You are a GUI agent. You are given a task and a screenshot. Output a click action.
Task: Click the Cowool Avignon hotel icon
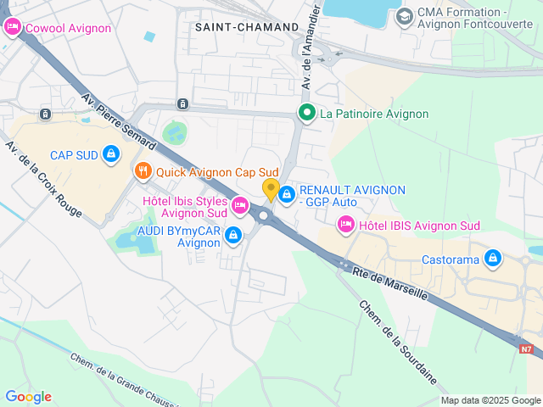[x=12, y=28]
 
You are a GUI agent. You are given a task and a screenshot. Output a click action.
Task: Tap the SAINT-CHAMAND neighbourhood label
[x=247, y=27]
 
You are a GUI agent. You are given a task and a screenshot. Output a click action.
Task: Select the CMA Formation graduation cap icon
[x=405, y=15]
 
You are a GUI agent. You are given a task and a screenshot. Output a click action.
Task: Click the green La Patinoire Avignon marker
[x=306, y=113]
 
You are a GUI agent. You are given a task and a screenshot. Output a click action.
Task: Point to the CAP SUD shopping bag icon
[x=110, y=154]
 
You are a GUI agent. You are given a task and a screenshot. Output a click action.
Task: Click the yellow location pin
[x=271, y=188]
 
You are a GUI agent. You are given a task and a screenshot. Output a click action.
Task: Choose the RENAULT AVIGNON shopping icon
[x=288, y=195]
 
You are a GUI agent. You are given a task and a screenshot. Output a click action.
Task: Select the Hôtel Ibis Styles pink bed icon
[x=240, y=204]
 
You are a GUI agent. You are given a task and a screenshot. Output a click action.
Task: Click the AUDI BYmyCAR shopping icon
[x=232, y=234]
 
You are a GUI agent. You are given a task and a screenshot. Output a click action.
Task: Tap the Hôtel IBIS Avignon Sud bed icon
[x=345, y=225]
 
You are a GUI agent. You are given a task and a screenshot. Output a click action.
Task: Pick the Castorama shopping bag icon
[x=493, y=259]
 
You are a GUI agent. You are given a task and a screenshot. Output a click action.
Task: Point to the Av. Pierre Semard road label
[x=118, y=118]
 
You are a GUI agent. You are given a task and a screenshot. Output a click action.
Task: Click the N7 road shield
[x=527, y=348]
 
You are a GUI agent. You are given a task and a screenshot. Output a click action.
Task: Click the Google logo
[x=28, y=397]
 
